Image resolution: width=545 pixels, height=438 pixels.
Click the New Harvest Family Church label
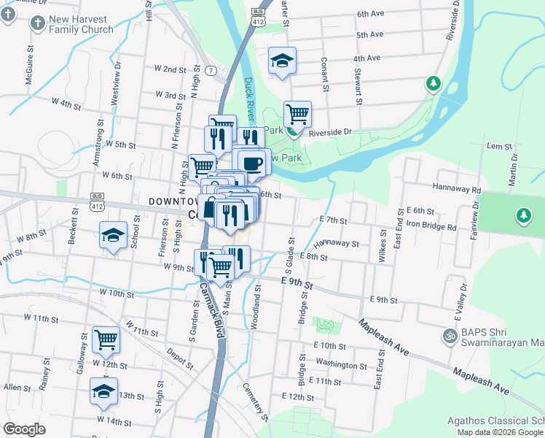point(82,24)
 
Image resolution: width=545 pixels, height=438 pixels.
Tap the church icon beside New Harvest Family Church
point(37,23)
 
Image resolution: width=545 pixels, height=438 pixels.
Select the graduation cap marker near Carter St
point(282,61)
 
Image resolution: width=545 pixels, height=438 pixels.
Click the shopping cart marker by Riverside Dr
point(297,115)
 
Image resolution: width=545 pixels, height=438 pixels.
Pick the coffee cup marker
point(253,162)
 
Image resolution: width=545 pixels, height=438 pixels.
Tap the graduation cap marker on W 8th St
point(113,235)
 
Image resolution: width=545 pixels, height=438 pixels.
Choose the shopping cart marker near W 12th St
point(106,339)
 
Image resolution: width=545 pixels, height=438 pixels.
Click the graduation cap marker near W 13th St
point(103,391)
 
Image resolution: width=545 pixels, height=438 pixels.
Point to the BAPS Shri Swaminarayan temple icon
point(450,337)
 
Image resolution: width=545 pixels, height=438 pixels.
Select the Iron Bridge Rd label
point(431,226)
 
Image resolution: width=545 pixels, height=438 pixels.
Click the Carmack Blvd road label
point(210,315)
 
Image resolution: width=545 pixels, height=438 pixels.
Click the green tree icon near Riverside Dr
point(434,83)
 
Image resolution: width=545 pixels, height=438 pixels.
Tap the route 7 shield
point(211,70)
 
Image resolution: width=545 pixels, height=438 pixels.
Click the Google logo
point(25,429)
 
